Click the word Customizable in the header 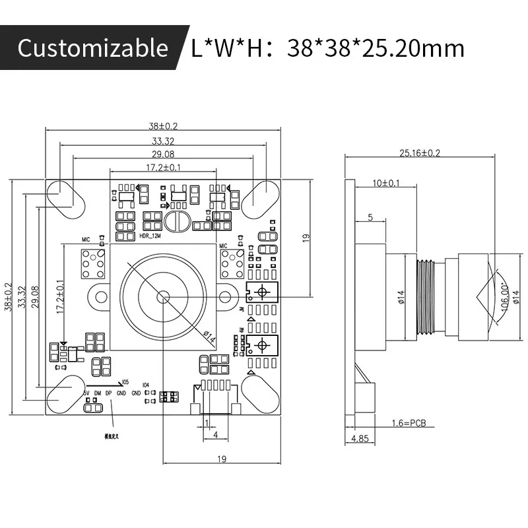tap(92, 48)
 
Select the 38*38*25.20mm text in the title tap(376, 48)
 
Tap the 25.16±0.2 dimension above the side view tap(420, 153)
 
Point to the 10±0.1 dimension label tap(385, 183)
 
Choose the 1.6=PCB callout tap(410, 423)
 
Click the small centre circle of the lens tap(162, 297)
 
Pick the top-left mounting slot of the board tap(64, 197)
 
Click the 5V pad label tap(85, 393)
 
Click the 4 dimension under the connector tap(216, 436)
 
